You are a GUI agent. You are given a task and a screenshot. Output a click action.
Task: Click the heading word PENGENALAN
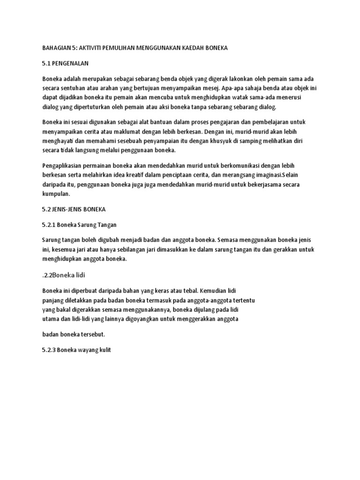(70, 63)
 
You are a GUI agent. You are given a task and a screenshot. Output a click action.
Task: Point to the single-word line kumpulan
(56, 194)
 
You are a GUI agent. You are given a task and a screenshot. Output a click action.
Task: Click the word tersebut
(92, 334)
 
